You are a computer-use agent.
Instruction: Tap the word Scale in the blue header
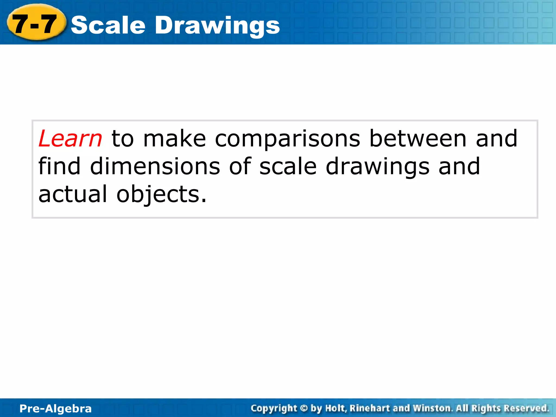coord(108,25)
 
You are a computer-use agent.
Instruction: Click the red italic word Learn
coord(70,139)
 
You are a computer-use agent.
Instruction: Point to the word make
coord(175,139)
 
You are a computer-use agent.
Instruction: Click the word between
coord(418,139)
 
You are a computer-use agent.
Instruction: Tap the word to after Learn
coord(123,139)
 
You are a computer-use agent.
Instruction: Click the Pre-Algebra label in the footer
coord(56,409)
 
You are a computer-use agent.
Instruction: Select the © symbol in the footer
coord(304,408)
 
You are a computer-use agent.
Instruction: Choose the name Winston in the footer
coord(433,408)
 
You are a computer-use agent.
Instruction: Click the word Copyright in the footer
coord(274,408)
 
